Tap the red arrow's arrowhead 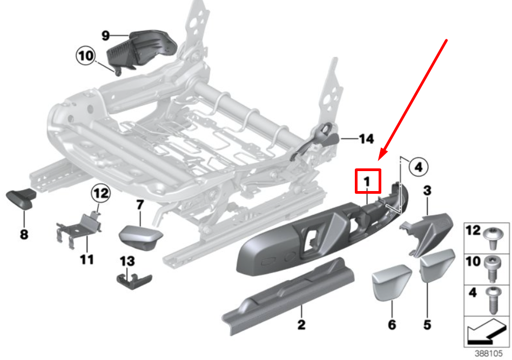point(381,157)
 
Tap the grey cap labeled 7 point(140,236)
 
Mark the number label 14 point(366,139)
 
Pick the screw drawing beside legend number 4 point(492,297)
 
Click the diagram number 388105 point(488,354)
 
